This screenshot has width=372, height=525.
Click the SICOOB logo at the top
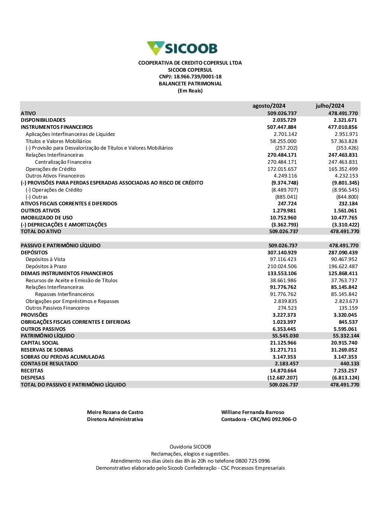(x=182, y=48)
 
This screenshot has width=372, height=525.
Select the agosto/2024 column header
(x=269, y=106)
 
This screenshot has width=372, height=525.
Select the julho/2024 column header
(x=330, y=106)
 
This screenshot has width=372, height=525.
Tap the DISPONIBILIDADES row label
(x=43, y=120)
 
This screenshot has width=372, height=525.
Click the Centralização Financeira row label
(x=63, y=162)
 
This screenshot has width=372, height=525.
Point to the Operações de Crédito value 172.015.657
(x=282, y=169)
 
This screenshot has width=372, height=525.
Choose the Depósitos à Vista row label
(x=45, y=260)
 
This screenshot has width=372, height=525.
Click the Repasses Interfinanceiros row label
(x=64, y=294)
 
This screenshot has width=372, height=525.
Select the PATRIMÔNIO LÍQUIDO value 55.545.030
(x=285, y=336)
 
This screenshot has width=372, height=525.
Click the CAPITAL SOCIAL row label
(x=40, y=343)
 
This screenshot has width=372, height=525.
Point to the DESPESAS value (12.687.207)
(x=283, y=378)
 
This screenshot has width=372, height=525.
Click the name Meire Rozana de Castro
(x=115, y=412)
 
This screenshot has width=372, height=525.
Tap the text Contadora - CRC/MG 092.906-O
(x=259, y=420)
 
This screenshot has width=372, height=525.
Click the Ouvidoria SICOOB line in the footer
(x=190, y=447)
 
